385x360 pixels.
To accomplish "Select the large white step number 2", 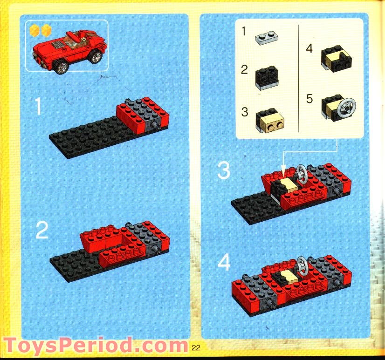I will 41,230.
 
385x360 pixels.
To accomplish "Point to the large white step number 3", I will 224,171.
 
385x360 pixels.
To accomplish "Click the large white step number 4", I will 224,263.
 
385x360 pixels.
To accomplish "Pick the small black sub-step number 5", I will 309,99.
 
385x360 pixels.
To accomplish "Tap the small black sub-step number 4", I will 309,48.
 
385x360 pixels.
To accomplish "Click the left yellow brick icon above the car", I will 34,31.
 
